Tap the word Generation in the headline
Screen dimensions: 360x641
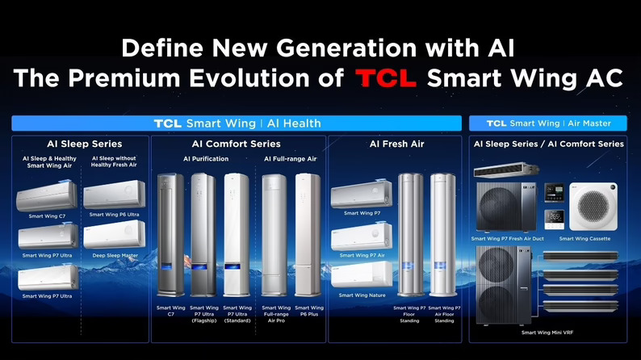(334, 48)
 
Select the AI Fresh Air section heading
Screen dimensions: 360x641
(397, 144)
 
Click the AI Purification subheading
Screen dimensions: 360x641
(206, 159)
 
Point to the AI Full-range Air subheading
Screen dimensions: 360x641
(290, 159)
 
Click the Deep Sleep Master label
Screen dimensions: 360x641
(115, 255)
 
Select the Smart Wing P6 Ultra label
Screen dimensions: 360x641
(114, 214)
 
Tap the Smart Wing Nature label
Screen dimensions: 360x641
(361, 295)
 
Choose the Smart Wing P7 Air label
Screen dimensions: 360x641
(362, 255)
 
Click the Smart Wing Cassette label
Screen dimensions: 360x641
(584, 238)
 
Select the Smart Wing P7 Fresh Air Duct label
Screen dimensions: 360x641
(507, 238)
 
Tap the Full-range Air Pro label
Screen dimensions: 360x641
(276, 314)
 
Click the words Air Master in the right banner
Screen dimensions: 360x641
(589, 123)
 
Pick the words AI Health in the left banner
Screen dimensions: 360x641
(295, 123)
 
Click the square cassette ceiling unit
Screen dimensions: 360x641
(593, 205)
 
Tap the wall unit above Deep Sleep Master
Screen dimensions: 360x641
(115, 234)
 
